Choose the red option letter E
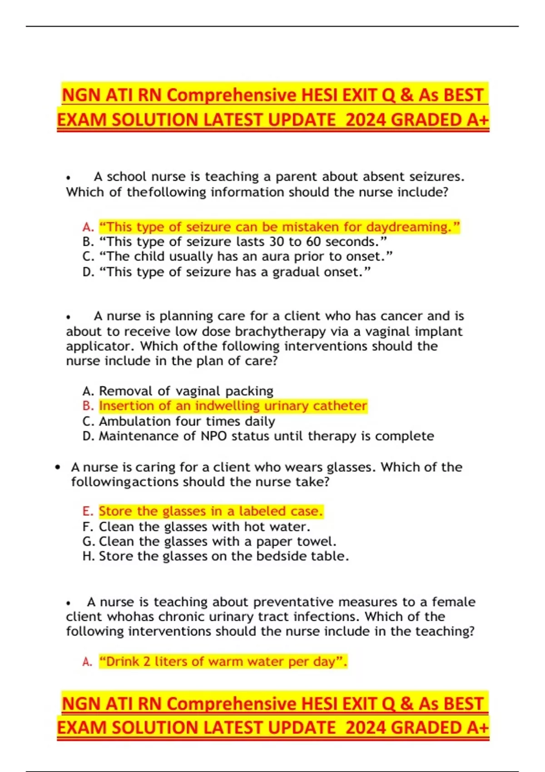(88, 511)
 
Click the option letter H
(88, 556)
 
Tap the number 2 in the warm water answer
(146, 662)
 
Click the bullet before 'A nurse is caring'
(57, 467)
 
